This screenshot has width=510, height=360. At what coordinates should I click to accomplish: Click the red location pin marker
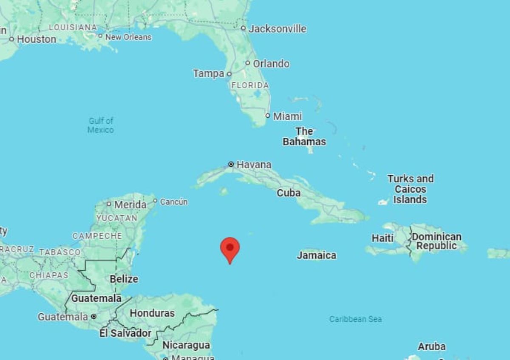[230, 248]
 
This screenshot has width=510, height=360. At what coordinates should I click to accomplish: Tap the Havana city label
[254, 164]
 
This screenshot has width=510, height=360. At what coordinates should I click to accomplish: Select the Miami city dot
[268, 116]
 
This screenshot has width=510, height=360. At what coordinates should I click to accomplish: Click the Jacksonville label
[277, 29]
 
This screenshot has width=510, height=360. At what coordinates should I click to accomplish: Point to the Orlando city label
[271, 64]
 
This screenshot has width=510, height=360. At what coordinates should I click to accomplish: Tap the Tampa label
[208, 74]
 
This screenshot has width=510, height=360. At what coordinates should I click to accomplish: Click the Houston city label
[37, 39]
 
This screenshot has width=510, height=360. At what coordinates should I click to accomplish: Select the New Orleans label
[128, 37]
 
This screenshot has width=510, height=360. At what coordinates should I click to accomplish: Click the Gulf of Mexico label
[101, 125]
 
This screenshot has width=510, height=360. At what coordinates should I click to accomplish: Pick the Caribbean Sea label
[355, 319]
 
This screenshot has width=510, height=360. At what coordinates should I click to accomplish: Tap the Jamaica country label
[317, 255]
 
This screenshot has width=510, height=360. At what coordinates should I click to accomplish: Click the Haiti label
[382, 238]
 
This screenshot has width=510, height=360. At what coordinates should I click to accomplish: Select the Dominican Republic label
[436, 241]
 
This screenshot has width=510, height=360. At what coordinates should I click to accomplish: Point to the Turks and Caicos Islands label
[410, 189]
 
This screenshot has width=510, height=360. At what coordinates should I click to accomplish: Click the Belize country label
[124, 279]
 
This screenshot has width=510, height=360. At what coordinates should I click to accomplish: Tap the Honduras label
[152, 313]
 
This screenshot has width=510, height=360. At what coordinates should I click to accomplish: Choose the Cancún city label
[174, 202]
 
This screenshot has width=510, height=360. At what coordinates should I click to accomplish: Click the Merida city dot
[109, 204]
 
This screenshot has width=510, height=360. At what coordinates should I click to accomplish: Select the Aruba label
[431, 346]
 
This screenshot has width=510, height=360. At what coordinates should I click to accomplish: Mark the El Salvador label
[125, 333]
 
